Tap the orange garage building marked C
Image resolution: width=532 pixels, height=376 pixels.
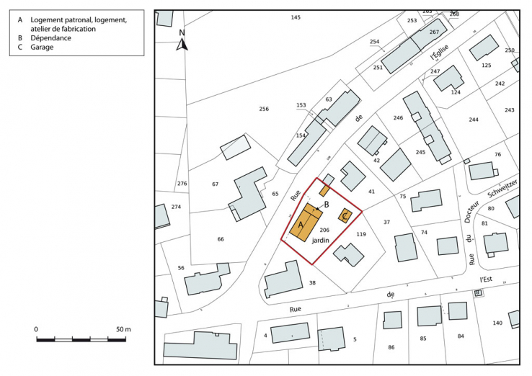(x=345, y=215)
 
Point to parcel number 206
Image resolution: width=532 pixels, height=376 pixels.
(x=324, y=230)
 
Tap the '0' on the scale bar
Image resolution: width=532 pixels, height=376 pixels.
(x=36, y=329)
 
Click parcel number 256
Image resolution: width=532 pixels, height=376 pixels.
(x=264, y=109)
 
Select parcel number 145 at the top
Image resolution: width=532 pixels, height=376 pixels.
(x=295, y=17)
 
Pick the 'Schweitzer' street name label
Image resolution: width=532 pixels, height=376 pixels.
(x=502, y=190)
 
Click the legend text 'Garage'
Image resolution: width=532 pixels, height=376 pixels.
(x=41, y=48)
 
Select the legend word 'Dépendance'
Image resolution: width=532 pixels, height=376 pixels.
(x=50, y=38)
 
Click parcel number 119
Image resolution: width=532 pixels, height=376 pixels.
(x=362, y=234)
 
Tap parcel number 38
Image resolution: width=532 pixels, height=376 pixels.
(x=312, y=282)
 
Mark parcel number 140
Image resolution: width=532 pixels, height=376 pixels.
(x=497, y=323)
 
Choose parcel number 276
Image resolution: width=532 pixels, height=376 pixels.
(x=182, y=184)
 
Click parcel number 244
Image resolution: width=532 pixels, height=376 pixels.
(x=473, y=120)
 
